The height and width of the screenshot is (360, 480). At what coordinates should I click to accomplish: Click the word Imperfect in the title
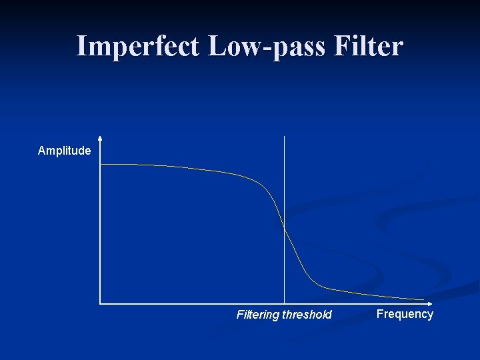[x=137, y=47]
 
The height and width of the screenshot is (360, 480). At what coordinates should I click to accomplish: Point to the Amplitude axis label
[x=64, y=151]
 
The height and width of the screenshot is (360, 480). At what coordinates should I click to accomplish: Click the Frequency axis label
[x=405, y=314]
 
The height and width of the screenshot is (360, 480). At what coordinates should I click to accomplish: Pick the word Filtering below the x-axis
[x=258, y=315]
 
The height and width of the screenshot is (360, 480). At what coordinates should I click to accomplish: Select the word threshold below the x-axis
[x=307, y=315]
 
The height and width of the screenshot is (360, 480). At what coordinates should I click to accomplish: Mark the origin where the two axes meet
[x=100, y=303]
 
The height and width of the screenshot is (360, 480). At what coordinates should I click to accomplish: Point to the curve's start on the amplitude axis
[x=101, y=164]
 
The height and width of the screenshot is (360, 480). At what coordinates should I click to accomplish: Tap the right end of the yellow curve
[x=423, y=299]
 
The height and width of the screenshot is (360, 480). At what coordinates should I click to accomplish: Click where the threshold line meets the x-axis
[x=285, y=303]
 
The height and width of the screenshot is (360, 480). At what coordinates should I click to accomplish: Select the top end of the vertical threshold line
[x=285, y=137]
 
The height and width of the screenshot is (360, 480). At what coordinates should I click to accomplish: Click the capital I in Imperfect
[x=81, y=47]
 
